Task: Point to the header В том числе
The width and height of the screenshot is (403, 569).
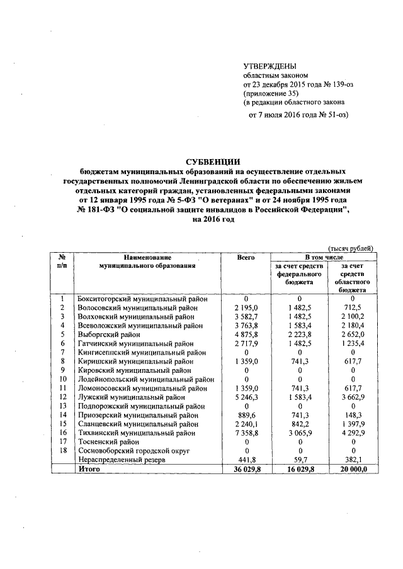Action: point(324,258)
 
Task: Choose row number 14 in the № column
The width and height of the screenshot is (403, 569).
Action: point(62,416)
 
